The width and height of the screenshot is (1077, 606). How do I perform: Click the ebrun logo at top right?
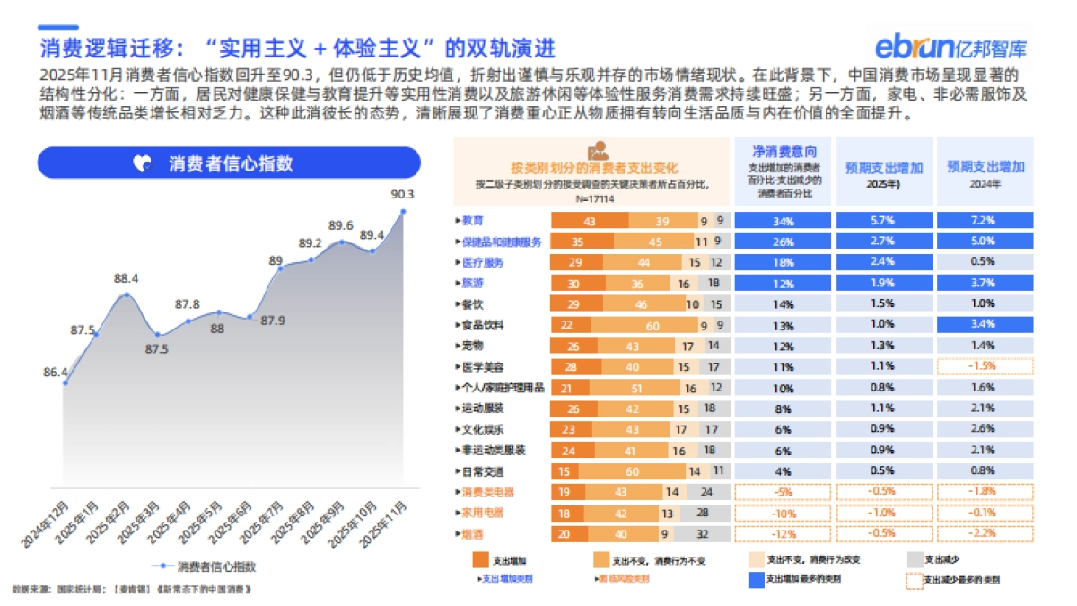point(952,46)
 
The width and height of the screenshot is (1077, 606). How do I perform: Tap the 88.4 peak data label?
point(127,278)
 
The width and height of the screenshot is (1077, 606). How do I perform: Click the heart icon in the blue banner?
point(141,163)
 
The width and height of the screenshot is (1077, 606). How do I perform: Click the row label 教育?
point(472,221)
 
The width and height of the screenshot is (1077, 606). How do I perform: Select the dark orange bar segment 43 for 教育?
point(589,221)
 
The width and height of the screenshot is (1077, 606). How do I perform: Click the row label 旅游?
point(472,283)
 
